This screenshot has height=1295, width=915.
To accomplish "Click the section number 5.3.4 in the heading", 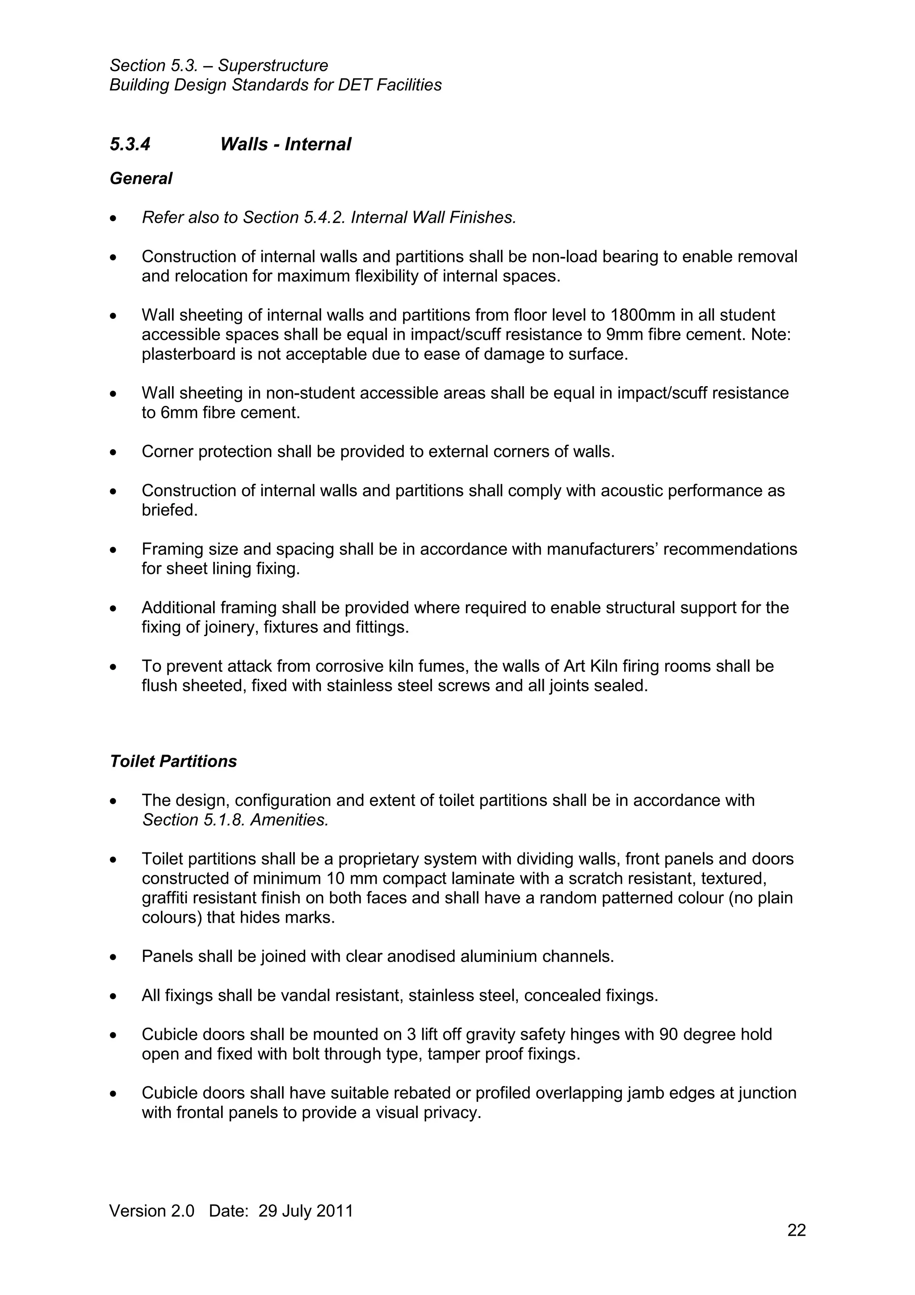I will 130,144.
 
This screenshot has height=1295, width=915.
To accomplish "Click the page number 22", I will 796,1230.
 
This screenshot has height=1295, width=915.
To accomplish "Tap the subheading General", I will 141,179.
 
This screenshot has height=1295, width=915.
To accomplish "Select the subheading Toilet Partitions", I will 173,761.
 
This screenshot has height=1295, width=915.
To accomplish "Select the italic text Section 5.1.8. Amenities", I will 235,820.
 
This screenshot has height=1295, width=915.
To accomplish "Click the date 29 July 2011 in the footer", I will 306,1211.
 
